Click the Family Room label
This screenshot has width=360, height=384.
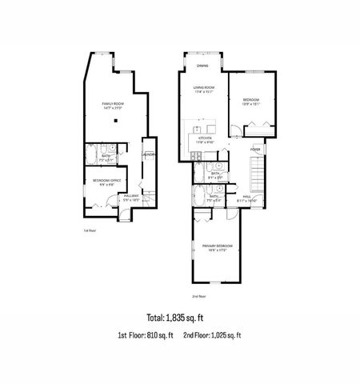click(x=112, y=103)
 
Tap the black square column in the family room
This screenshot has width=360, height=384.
click(x=116, y=122)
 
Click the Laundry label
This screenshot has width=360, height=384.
click(x=149, y=154)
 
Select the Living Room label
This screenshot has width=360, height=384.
click(x=204, y=87)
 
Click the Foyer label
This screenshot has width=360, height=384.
click(x=255, y=149)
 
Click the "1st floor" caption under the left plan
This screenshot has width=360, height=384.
click(x=90, y=230)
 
